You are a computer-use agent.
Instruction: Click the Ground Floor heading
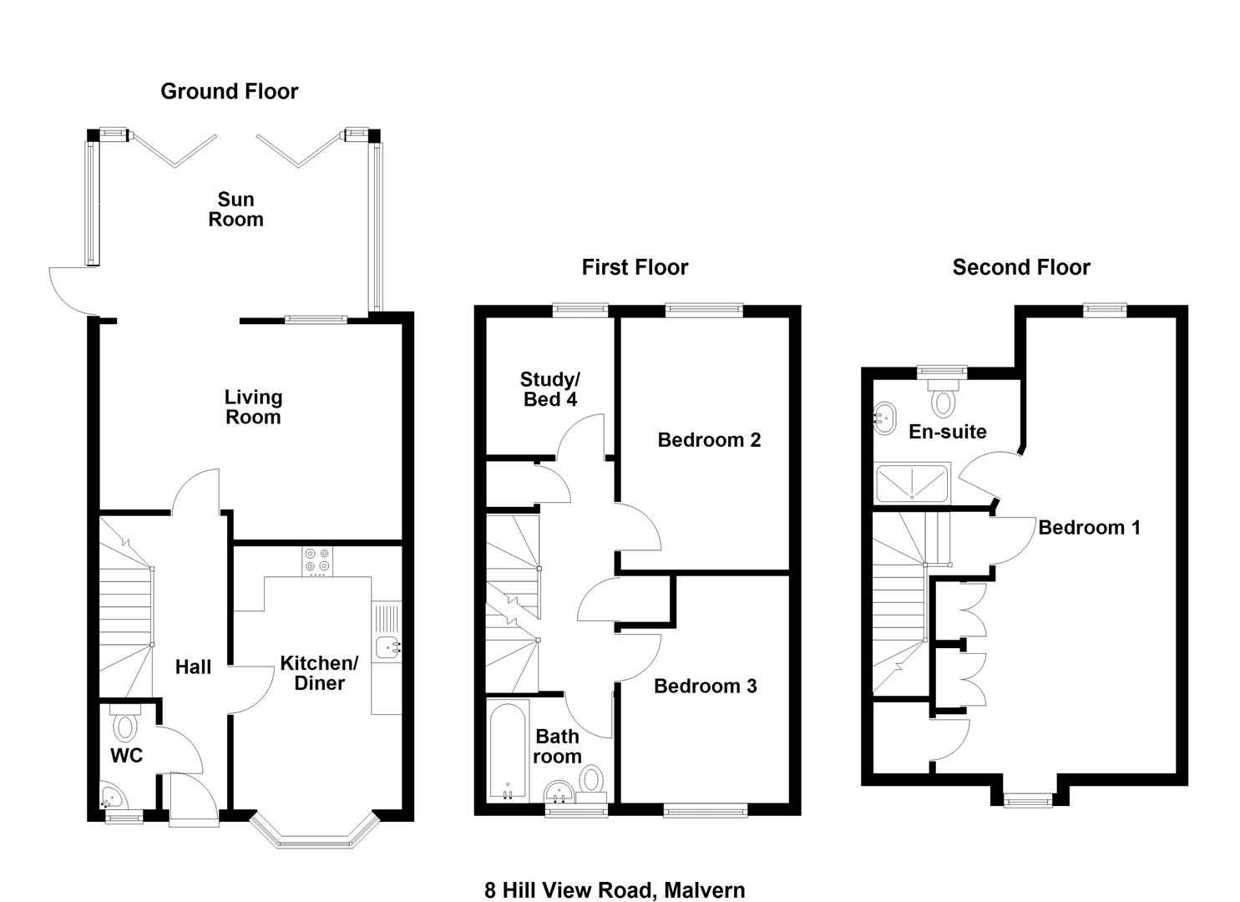229,91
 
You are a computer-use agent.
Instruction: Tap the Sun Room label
235,210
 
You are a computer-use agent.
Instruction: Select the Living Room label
253,407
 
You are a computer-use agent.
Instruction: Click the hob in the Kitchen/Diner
318,561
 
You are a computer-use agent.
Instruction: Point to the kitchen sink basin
387,646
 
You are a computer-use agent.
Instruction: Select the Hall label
193,667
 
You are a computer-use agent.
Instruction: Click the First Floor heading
635,267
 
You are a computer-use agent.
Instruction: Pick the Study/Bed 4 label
550,389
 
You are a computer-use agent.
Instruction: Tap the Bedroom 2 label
709,440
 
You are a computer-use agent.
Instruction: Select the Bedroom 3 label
706,687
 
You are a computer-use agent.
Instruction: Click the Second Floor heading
1021,267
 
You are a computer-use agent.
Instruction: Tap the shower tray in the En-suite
912,484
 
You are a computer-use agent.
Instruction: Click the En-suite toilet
942,398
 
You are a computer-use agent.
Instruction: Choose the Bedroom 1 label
1090,528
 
